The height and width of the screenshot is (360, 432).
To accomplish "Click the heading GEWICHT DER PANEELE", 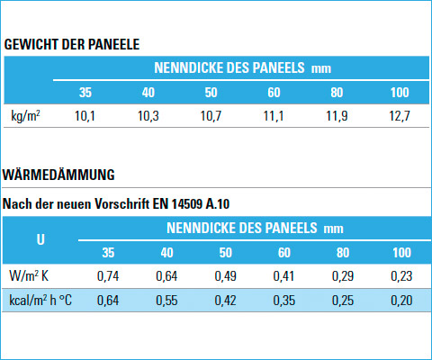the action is pyautogui.click(x=72, y=44).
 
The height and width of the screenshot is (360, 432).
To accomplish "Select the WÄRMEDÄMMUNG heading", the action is pyautogui.click(x=58, y=175).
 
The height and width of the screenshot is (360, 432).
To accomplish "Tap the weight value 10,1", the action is pyautogui.click(x=85, y=116).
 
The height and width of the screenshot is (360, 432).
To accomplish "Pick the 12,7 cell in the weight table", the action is pyautogui.click(x=400, y=116).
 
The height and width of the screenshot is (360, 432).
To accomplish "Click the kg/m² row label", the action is pyautogui.click(x=25, y=115).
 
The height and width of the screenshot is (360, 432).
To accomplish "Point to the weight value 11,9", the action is pyautogui.click(x=337, y=116).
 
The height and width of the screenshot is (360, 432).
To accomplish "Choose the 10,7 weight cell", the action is pyautogui.click(x=211, y=116).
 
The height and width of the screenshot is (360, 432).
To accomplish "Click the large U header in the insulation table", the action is pyautogui.click(x=40, y=239).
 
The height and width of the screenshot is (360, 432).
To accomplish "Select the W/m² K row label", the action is pyautogui.click(x=29, y=275).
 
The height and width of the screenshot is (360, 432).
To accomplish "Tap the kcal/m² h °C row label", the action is pyautogui.click(x=40, y=301).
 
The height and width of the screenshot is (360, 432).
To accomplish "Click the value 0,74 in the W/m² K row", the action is pyautogui.click(x=108, y=276).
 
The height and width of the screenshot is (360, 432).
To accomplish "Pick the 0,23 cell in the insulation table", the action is pyautogui.click(x=401, y=276).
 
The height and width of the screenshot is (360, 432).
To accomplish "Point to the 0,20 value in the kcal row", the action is pyautogui.click(x=401, y=301).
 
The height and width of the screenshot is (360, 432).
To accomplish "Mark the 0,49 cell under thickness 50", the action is pyautogui.click(x=225, y=276).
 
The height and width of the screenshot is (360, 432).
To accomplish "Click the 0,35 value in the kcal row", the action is pyautogui.click(x=284, y=301).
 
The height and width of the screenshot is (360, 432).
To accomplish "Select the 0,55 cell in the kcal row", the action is pyautogui.click(x=166, y=301).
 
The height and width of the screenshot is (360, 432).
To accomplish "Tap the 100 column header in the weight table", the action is pyautogui.click(x=400, y=93).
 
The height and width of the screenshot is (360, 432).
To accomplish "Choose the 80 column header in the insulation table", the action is pyautogui.click(x=343, y=253).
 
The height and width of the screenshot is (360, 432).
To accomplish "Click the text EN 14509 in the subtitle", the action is pyautogui.click(x=177, y=204).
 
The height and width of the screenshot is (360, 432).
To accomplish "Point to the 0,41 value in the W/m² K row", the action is pyautogui.click(x=283, y=276).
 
